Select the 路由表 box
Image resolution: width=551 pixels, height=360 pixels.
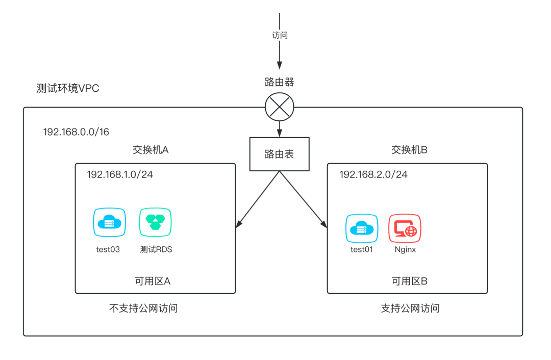pyautogui.click(x=279, y=154)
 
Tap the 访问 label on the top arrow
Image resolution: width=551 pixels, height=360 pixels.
pyautogui.click(x=280, y=35)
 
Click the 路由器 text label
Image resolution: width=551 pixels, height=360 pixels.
pyautogui.click(x=279, y=82)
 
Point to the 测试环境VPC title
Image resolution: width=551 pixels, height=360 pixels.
pyautogui.click(x=68, y=88)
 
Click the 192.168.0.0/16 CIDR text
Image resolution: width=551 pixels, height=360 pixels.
pyautogui.click(x=76, y=132)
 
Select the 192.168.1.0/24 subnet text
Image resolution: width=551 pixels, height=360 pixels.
pyautogui.click(x=120, y=174)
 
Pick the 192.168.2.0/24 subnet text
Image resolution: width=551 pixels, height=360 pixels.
pyautogui.click(x=373, y=174)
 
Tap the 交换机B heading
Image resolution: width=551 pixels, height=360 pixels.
pyautogui.click(x=409, y=149)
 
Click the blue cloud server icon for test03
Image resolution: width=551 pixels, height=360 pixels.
pyautogui.click(x=109, y=222)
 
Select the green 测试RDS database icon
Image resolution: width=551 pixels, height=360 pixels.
pyautogui.click(x=156, y=222)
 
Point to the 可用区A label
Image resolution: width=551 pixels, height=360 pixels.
pyautogui.click(x=152, y=281)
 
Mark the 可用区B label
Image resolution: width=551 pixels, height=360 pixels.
pyautogui.click(x=409, y=281)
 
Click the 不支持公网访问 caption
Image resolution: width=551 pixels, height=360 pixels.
pyautogui.click(x=144, y=308)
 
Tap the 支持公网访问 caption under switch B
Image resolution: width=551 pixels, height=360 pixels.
pyautogui.click(x=410, y=308)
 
